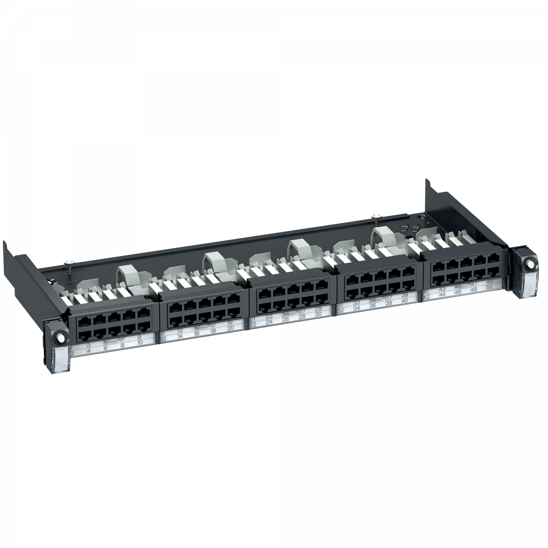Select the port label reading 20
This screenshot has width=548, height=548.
[231, 328]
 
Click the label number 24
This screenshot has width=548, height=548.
[270, 322]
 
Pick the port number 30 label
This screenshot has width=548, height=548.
[318, 314]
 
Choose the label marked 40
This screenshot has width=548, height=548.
[404, 300]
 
